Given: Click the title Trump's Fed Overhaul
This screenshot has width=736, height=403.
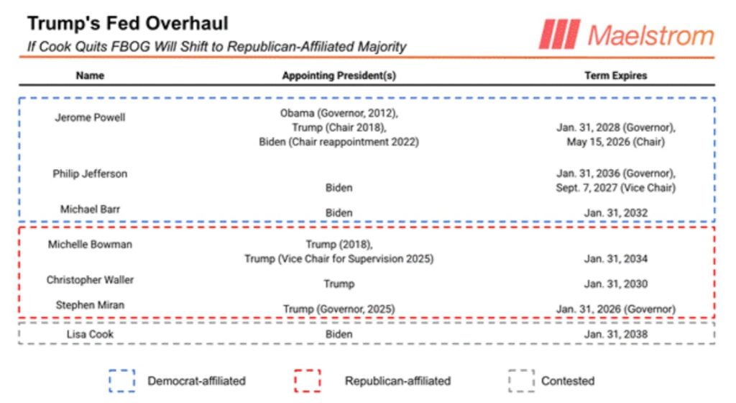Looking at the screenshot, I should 127,23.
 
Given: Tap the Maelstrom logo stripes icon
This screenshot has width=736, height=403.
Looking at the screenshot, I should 558,34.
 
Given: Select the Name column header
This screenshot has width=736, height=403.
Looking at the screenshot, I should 90,76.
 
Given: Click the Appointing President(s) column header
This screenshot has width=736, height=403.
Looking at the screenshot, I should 339,76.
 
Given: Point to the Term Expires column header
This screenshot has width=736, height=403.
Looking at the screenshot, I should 615,76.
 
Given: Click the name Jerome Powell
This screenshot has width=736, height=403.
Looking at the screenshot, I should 90,117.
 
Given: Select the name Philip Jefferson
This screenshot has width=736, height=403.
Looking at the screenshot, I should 90,174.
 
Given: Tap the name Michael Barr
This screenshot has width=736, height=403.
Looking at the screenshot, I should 90,209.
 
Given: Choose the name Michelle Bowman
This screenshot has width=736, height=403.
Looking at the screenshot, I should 90,245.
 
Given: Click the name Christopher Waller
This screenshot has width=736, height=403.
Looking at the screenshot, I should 90,280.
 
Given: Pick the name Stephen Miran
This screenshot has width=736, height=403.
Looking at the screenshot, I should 90,305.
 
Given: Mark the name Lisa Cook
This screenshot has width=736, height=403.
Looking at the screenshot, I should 90,334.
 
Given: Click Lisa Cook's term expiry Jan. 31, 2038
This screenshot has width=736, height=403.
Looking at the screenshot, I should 615,335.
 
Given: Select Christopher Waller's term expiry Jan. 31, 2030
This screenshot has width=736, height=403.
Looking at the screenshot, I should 615,284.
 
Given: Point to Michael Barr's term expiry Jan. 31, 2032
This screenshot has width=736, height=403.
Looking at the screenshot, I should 615,213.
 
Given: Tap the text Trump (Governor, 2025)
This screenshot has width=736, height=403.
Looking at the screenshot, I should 339,309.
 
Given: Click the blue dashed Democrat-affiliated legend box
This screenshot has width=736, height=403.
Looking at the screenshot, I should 121,381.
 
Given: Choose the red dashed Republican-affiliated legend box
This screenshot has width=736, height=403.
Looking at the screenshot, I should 307,381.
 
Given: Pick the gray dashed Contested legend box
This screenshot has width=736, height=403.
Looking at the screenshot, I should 521,381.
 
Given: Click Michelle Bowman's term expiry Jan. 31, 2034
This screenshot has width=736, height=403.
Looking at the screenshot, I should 615,259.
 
